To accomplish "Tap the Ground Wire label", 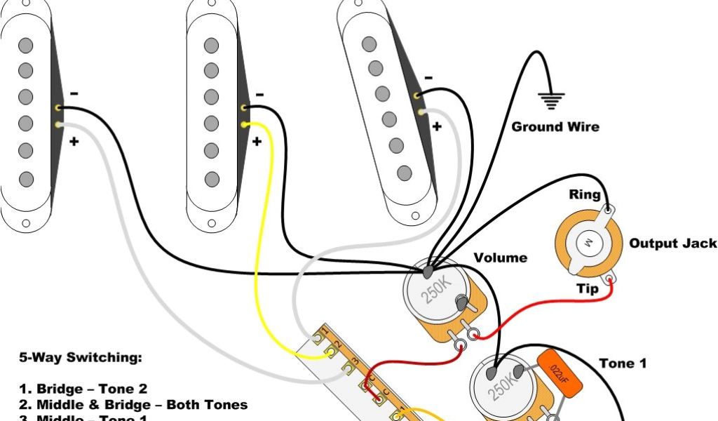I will [555, 127].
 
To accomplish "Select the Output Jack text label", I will [672, 243].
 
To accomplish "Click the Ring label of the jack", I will [584, 194].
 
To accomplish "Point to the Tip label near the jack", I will [587, 288].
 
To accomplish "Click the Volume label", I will [500, 258].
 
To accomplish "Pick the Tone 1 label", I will [623, 363].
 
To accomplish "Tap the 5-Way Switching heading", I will [79, 358].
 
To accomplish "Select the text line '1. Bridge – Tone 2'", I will [92, 389].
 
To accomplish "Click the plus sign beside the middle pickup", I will [257, 141].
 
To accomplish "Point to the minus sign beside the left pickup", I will [74, 93].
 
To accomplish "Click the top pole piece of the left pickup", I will [26, 46].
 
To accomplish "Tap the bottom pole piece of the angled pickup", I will [404, 173].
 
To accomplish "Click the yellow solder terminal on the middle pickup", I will [244, 125].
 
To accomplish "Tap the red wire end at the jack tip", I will [611, 281].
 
